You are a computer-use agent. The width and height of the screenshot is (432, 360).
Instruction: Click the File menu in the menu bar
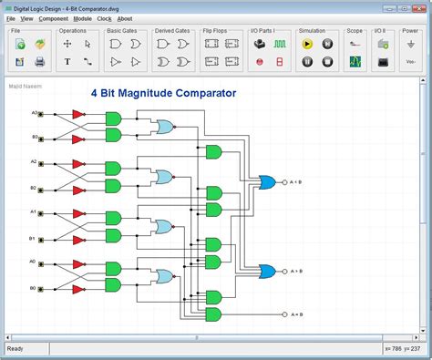11,18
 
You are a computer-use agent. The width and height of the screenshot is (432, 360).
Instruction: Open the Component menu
53,18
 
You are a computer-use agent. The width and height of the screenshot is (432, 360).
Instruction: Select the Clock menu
104,18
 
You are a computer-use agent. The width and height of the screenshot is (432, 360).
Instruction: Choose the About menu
125,18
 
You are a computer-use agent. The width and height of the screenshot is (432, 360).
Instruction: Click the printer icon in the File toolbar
40,62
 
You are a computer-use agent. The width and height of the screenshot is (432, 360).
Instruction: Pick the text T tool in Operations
67,62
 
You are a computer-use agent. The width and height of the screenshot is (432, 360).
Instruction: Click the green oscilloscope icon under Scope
355,62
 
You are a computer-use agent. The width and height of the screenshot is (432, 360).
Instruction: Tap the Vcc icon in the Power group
410,62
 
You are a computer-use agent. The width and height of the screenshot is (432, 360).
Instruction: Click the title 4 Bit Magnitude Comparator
163,93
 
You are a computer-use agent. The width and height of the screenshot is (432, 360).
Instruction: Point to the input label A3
35,113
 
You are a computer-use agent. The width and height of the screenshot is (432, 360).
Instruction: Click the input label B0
33,288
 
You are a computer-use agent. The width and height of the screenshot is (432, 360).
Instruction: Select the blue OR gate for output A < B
269,181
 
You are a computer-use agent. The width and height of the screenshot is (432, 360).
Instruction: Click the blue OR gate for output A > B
269,271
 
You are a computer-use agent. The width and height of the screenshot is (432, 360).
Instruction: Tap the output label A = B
297,314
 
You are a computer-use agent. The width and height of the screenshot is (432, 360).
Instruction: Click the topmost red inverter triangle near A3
78,115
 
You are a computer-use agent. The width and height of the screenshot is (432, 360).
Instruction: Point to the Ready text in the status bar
15,349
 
